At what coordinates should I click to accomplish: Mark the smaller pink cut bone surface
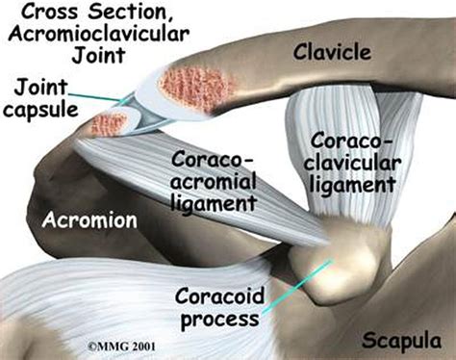(110, 122)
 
